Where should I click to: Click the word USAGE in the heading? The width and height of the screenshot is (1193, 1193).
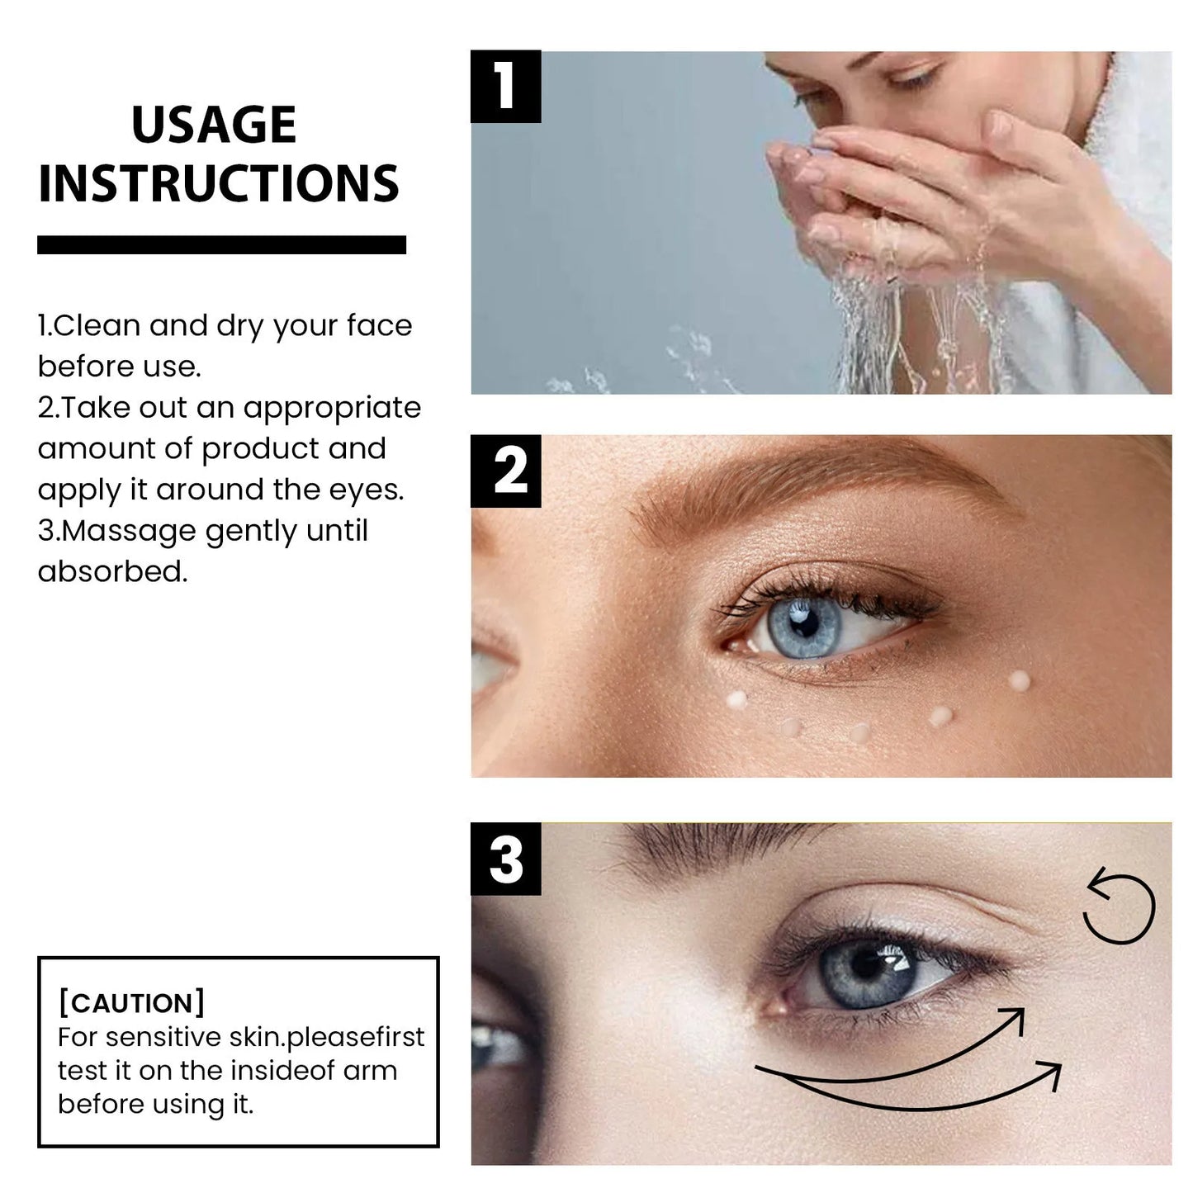[x=214, y=125]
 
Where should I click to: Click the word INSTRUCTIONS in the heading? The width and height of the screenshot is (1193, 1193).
[x=219, y=183]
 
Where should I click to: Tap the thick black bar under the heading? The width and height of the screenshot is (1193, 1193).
[x=221, y=244]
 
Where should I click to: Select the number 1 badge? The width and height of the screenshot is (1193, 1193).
[x=505, y=86]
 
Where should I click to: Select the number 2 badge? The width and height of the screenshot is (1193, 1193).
[x=505, y=471]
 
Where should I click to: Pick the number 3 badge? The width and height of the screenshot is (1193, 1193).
[x=505, y=859]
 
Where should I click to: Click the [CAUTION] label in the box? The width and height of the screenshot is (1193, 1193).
[x=131, y=1003]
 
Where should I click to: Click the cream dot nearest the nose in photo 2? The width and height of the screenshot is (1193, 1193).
[x=736, y=699]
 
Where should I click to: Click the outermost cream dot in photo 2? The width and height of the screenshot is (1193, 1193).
[x=1020, y=680]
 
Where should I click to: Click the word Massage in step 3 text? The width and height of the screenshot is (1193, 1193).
[x=130, y=531]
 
